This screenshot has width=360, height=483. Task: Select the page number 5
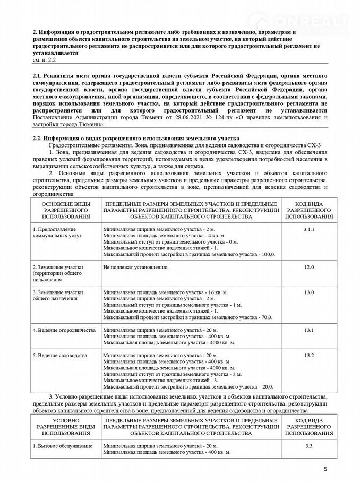pos(325,469)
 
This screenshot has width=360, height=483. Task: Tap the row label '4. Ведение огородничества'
pos(63,330)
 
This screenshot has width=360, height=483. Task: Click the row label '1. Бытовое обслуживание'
pos(62,445)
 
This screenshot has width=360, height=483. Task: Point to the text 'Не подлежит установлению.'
pos(136,266)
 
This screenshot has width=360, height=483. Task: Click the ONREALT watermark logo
pos(311,21)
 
